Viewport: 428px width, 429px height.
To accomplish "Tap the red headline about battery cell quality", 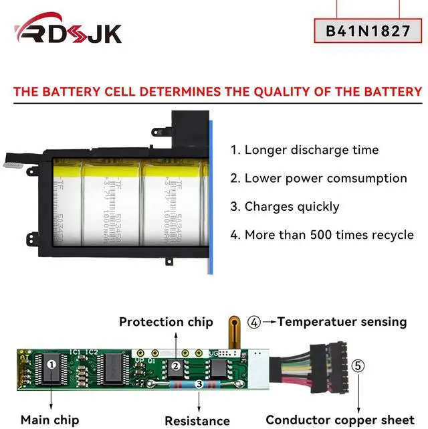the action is point(213,92).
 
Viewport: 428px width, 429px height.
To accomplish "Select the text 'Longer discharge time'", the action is point(314,150).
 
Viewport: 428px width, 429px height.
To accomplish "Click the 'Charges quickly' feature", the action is point(285,207).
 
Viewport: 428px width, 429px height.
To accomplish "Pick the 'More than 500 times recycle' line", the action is point(322,235).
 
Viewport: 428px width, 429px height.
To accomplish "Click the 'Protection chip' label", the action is point(166,322).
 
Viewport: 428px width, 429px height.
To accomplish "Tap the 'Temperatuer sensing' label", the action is point(342,322).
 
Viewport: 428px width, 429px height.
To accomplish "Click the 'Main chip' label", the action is point(49,420).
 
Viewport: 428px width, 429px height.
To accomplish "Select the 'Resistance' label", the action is point(197,421).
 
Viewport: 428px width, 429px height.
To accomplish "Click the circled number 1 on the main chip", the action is point(51,364).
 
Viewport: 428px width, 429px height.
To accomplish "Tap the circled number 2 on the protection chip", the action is point(176,365).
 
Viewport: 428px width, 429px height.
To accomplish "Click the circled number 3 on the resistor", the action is point(199,384).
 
